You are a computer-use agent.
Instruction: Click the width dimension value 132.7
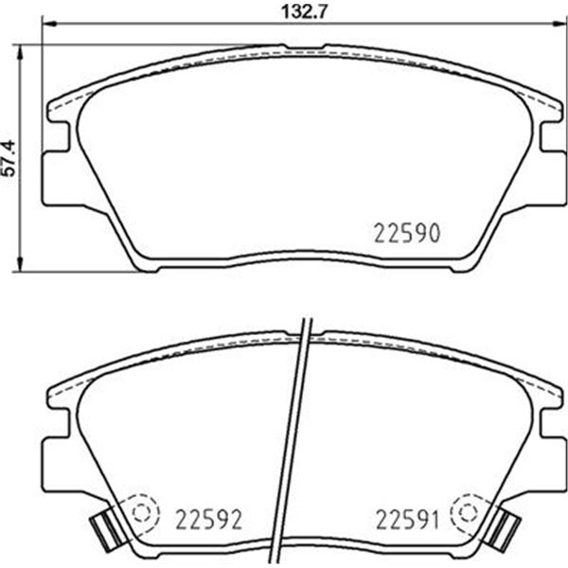click(304, 12)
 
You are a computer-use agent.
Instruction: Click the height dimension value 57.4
click(9, 158)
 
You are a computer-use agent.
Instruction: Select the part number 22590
click(407, 233)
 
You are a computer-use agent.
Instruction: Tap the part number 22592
click(208, 519)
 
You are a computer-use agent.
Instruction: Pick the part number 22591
click(407, 519)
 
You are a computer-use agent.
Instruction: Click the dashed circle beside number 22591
click(469, 512)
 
